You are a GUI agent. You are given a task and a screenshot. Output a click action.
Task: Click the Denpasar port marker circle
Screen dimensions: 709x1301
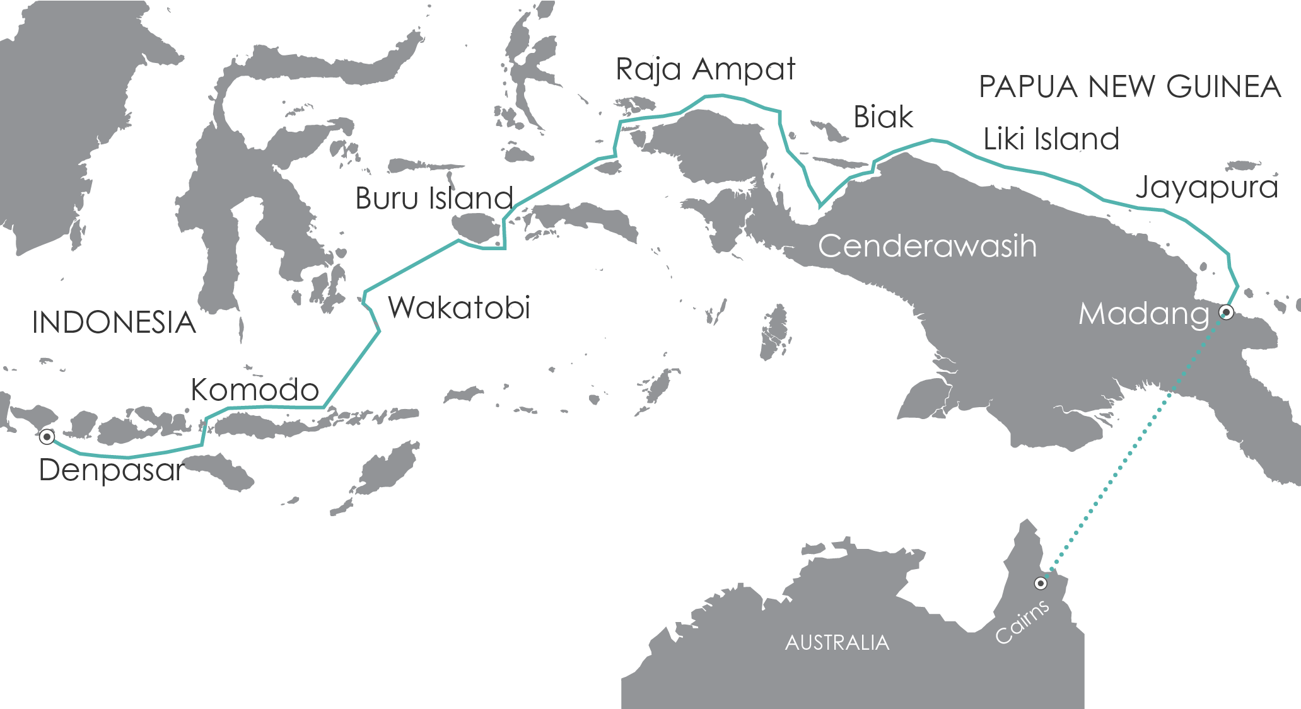pos(47,436)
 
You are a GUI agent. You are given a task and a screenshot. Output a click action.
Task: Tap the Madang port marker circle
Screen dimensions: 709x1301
pos(1227,311)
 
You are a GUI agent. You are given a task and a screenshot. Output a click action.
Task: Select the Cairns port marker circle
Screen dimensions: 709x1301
pos(1041,584)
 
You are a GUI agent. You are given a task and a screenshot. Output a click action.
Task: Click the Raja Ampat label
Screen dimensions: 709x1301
pos(705,69)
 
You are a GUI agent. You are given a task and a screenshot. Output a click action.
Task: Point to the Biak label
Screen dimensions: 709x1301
pos(883,117)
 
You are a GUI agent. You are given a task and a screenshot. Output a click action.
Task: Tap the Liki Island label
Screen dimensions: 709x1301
pos(1051,139)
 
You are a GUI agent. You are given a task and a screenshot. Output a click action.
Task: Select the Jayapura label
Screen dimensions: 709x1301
pos(1206,188)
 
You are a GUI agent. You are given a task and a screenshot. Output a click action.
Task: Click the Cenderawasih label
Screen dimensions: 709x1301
pos(927,246)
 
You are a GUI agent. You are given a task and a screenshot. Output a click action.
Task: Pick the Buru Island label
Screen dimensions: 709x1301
pos(434,199)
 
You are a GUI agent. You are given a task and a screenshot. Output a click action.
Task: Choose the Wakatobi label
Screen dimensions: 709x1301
pos(458,308)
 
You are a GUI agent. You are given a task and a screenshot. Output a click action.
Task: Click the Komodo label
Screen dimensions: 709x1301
pos(255,390)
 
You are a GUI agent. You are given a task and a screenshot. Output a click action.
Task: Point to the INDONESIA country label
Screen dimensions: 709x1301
pos(114,323)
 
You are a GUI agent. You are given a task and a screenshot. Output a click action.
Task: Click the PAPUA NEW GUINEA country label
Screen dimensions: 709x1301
pos(1129,87)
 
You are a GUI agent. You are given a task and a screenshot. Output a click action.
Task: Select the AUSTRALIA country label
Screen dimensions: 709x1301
pos(837,643)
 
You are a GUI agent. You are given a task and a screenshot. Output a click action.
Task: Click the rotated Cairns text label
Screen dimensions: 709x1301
pos(1022,621)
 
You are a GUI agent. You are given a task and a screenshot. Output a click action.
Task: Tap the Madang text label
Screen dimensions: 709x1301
pos(1143,314)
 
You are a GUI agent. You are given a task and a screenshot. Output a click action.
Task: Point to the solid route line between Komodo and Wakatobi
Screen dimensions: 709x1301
pos(351,370)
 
